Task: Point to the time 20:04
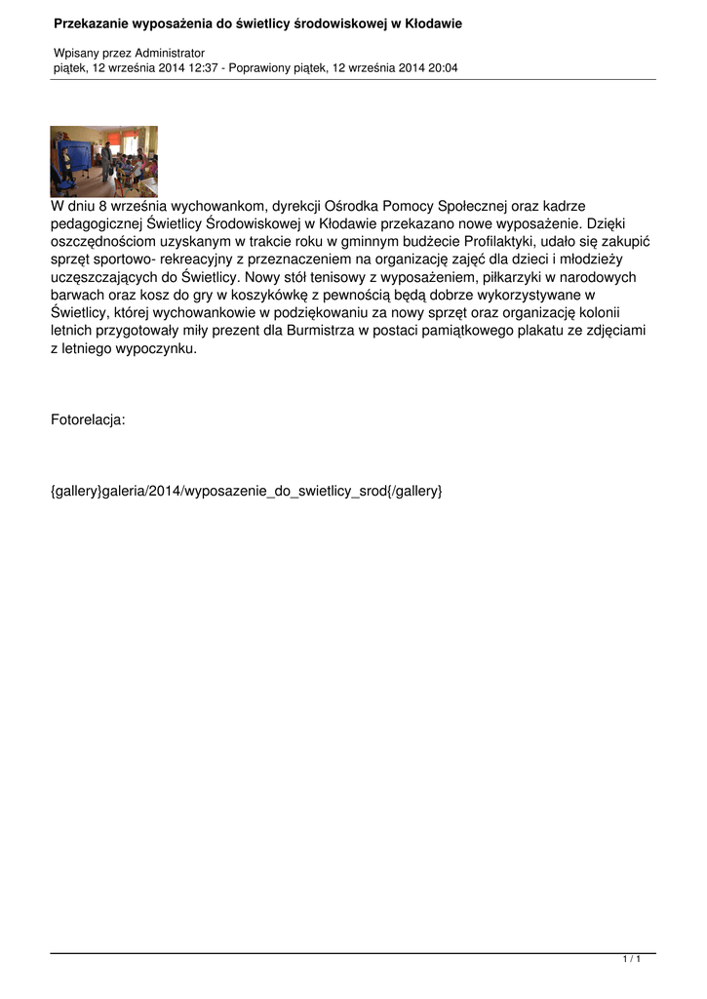pyautogui.click(x=443, y=68)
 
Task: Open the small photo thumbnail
pyautogui.click(x=103, y=161)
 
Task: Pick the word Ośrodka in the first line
pyautogui.click(x=357, y=206)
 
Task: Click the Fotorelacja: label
pyautogui.click(x=88, y=420)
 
